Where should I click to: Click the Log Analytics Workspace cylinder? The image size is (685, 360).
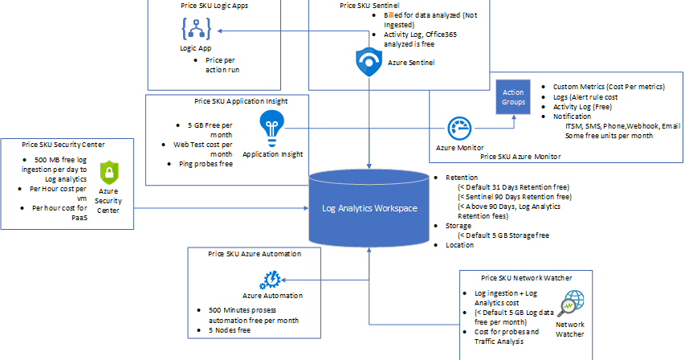[x=369, y=208]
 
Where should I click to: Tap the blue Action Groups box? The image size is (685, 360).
[x=514, y=97]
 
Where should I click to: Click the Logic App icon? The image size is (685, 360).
[x=194, y=31]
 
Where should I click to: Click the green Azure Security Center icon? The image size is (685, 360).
[x=108, y=172]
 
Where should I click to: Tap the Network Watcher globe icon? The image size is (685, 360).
[x=573, y=302]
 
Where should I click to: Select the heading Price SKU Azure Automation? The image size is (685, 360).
[x=255, y=254]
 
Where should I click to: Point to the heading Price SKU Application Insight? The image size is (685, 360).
[x=241, y=101]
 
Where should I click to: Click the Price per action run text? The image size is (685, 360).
[x=222, y=65]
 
